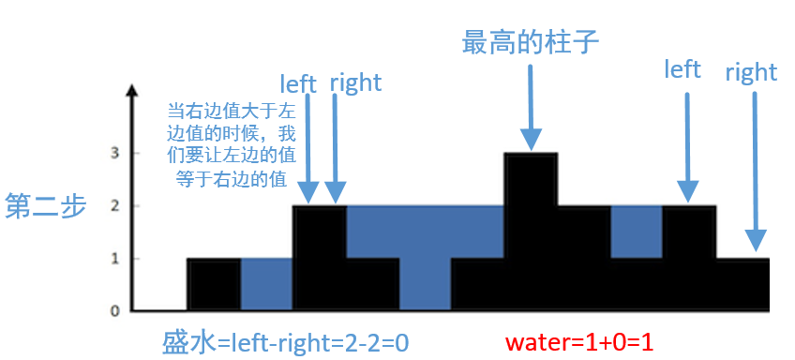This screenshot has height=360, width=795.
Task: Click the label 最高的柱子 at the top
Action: (x=531, y=42)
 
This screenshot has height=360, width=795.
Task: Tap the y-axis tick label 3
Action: (x=114, y=153)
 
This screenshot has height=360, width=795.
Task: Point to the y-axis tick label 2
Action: (x=114, y=205)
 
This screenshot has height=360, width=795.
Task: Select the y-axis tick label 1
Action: (x=114, y=258)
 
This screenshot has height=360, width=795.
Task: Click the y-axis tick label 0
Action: (x=114, y=310)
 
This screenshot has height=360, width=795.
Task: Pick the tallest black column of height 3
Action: (x=531, y=230)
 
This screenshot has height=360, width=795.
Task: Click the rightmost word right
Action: (x=751, y=72)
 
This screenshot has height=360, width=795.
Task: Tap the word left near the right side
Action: (x=682, y=69)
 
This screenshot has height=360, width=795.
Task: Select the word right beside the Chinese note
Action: (x=355, y=82)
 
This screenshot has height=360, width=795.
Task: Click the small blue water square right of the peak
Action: (x=636, y=232)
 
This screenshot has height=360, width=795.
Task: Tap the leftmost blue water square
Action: (x=266, y=284)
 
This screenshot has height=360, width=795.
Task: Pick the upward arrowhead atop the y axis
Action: (x=134, y=92)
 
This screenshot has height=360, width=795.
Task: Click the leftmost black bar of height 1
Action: (x=214, y=284)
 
